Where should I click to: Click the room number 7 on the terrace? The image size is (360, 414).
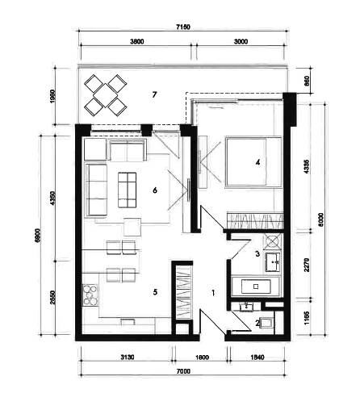click(x=153, y=95)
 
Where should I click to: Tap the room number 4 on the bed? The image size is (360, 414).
click(x=257, y=162)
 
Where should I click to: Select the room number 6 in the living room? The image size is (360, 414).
click(x=154, y=190)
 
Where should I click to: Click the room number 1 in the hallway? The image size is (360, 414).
click(x=212, y=294)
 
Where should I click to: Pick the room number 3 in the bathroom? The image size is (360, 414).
click(x=257, y=253)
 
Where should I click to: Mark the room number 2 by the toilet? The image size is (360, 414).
click(x=257, y=323)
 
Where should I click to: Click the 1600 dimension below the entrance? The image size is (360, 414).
click(x=202, y=355)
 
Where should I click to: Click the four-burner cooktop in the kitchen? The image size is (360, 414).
click(x=89, y=295)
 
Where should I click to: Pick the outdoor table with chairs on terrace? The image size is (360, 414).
click(x=106, y=94)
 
